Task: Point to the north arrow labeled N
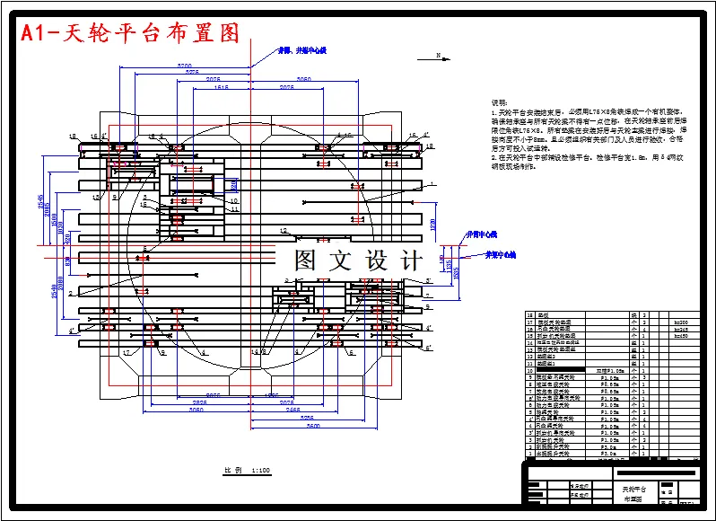click(437, 56)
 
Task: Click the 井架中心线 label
click(502, 255)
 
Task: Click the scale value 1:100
click(261, 470)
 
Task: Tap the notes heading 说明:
click(497, 103)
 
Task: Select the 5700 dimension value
click(184, 66)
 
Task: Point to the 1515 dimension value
click(222, 88)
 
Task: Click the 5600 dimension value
click(312, 426)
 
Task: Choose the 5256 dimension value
click(307, 418)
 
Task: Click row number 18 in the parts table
click(528, 315)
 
